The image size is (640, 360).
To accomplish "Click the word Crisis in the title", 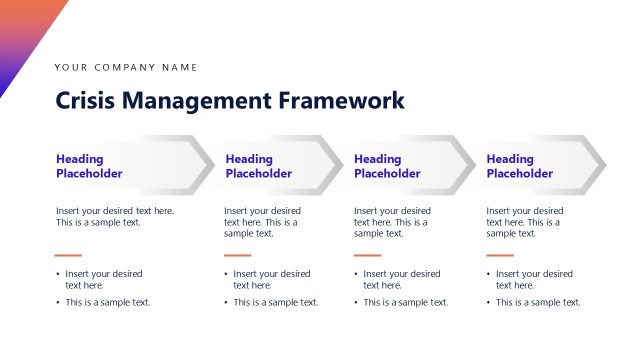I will point(83,101).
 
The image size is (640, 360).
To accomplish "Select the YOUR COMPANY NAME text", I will point(126,67).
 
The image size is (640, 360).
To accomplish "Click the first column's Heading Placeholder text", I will point(89,166).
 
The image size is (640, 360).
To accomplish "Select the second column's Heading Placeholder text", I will point(259,166).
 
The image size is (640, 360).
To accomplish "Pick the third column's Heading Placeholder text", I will point(387,166).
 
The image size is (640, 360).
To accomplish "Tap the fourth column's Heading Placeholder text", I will point(519,166).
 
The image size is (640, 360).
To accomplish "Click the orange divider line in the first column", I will point(68,255).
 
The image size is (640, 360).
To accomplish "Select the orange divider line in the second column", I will point(237,255).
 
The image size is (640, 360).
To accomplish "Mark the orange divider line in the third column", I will point(367,255).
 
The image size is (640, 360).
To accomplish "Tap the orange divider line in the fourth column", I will point(499,255).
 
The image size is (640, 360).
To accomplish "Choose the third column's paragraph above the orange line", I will point(392,222).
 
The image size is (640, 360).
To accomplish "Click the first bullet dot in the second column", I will point(227,274).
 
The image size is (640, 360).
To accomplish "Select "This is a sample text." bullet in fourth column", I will point(538,302).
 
